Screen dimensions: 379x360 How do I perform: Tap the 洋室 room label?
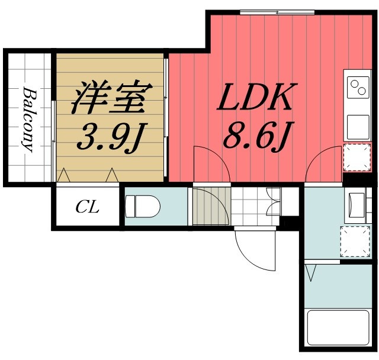[x=111, y=98]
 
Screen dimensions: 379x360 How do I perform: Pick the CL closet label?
[x=87, y=207]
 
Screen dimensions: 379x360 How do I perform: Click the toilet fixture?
[x=143, y=207]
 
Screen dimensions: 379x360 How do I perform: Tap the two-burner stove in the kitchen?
[x=358, y=87]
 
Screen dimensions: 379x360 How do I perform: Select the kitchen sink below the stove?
[x=358, y=127]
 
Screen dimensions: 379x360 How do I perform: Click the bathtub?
[x=338, y=328]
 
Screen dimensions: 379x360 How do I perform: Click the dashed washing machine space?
[x=355, y=242]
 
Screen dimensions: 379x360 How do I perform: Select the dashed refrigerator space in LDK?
[x=357, y=157]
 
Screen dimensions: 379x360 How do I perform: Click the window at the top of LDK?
[x=277, y=12]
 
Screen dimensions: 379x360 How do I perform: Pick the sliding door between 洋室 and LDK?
[x=166, y=117]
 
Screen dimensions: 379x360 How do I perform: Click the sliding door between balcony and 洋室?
[x=54, y=142]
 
